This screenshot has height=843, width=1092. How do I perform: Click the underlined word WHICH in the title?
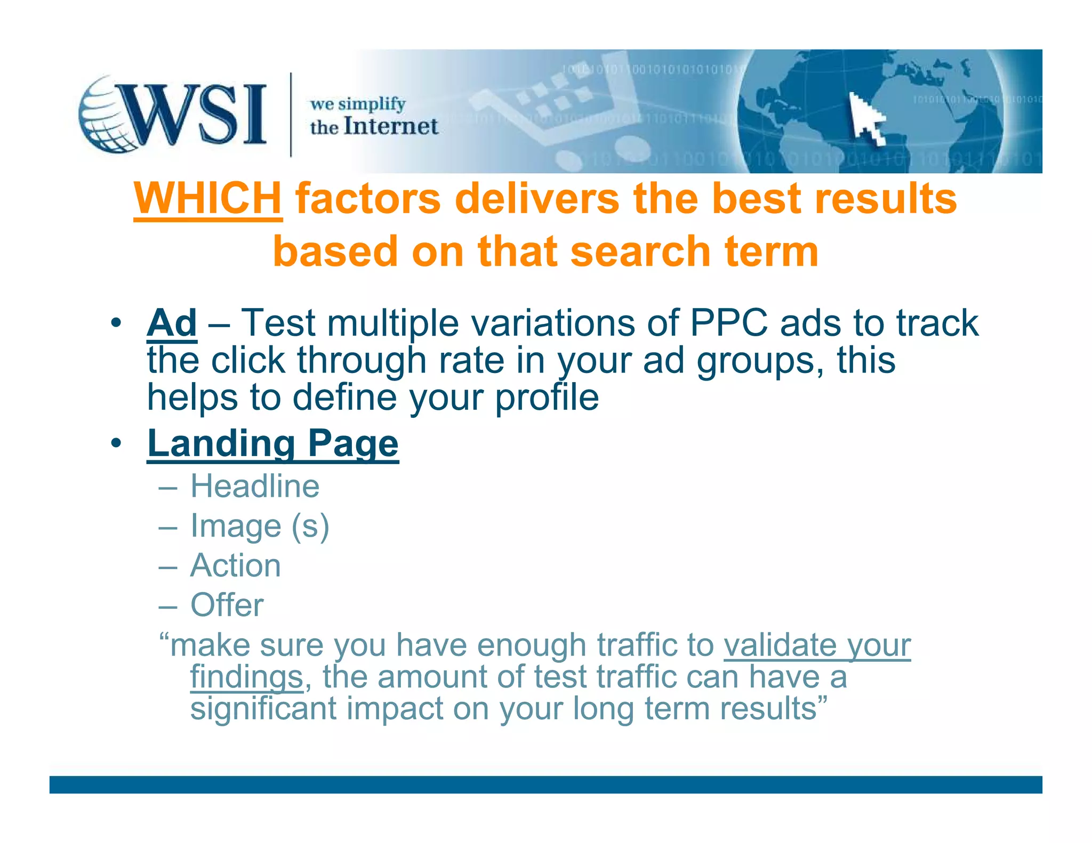point(207,198)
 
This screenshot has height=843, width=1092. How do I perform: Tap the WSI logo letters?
point(195,115)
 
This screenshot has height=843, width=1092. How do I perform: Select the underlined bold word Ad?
point(172,323)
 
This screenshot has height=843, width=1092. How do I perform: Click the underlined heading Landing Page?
point(272,443)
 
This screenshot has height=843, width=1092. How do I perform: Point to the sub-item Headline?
point(255,487)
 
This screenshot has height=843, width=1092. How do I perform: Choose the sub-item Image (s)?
point(260,526)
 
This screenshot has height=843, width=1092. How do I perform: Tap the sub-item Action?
point(235,565)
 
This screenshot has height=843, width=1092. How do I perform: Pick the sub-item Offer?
point(227,605)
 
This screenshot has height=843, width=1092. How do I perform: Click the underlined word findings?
point(247,677)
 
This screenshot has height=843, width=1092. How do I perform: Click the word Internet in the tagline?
point(391,127)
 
